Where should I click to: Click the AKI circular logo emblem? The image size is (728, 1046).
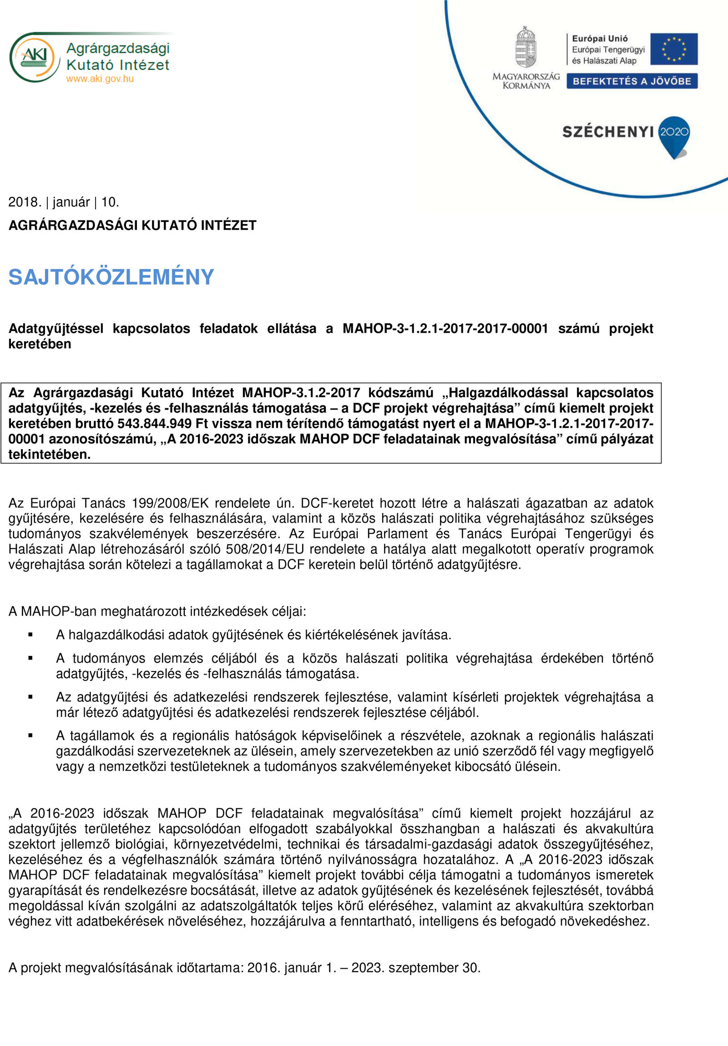(x=34, y=57)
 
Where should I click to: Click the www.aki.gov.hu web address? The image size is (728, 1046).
(x=100, y=79)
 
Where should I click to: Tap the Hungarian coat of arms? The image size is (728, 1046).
(x=526, y=47)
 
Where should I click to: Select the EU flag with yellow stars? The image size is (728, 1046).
(x=673, y=49)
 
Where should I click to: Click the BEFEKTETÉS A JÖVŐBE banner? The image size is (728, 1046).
(x=632, y=81)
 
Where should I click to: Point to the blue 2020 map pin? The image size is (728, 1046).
(x=674, y=135)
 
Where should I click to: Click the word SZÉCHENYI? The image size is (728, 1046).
(x=608, y=132)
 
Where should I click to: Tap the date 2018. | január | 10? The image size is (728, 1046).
(x=64, y=202)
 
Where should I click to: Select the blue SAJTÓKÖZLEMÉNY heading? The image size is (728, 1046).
(x=111, y=277)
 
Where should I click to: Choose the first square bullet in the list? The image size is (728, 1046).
(x=30, y=635)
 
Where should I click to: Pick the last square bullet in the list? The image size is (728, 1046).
(x=30, y=736)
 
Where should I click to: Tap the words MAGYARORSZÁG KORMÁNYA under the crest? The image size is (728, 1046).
(x=526, y=81)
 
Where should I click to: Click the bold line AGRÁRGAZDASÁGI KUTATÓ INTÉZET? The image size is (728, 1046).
(x=132, y=225)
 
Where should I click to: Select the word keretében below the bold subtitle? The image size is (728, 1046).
(x=40, y=344)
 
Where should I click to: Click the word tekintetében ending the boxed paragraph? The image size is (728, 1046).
(x=49, y=454)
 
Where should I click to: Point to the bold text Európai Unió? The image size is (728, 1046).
(x=599, y=39)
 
